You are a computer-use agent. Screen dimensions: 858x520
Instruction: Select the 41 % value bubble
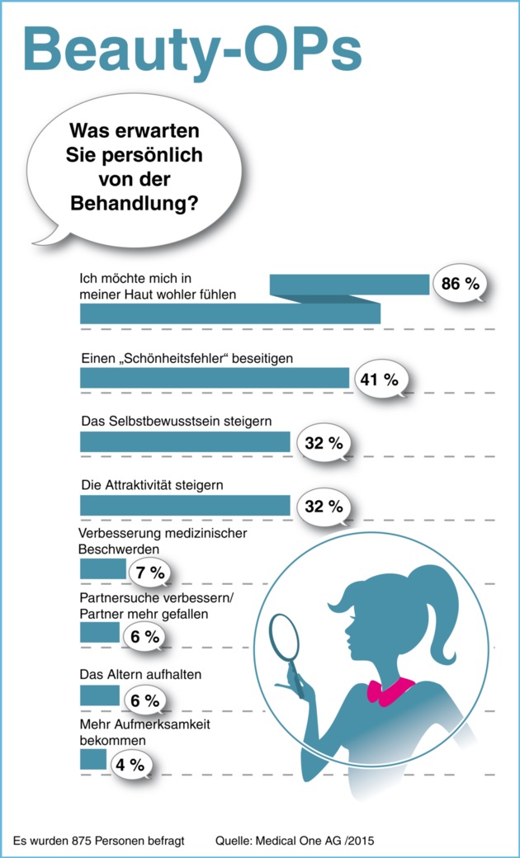click(379, 379)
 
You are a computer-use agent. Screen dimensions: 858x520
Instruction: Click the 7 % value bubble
click(149, 571)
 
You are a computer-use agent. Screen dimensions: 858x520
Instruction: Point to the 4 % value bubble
click(130, 764)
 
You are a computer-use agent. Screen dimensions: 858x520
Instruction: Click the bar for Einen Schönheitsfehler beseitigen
click(215, 378)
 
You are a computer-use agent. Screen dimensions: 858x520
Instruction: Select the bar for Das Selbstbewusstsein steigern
click(185, 442)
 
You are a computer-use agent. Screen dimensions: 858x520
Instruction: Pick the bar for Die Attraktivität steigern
click(185, 506)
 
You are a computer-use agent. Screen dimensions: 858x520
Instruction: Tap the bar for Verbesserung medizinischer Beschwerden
click(102, 569)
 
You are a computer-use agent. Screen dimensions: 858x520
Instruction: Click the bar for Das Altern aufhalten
click(100, 695)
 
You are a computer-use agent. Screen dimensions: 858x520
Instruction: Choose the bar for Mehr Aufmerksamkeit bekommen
click(93, 759)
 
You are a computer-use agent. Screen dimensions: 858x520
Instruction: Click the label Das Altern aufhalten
click(140, 674)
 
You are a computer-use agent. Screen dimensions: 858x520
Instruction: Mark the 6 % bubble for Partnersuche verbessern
click(144, 636)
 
